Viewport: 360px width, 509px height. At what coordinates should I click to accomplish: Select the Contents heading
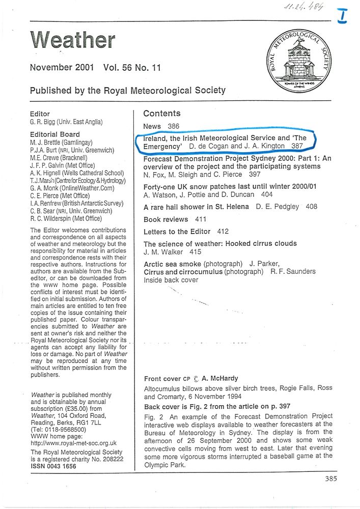click(x=162, y=114)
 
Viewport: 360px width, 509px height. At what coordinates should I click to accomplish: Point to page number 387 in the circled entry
click(x=297, y=146)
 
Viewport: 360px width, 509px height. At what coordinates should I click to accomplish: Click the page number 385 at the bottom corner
click(x=330, y=478)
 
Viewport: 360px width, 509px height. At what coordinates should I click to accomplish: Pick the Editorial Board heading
click(x=55, y=134)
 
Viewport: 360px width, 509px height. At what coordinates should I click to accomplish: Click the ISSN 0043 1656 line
click(x=56, y=466)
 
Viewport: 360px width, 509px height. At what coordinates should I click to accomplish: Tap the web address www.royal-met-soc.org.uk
click(x=74, y=443)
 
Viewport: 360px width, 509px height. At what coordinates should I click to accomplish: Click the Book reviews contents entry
click(x=165, y=219)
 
